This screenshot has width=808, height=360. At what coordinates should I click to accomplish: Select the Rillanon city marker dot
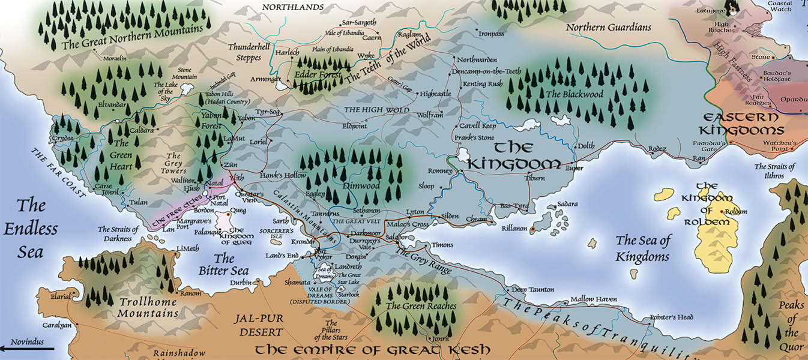(532, 229)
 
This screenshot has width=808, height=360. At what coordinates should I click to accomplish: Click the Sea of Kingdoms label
(642, 248)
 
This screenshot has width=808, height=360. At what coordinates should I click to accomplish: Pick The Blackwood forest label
(574, 94)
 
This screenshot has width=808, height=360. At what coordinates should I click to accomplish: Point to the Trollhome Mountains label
(148, 307)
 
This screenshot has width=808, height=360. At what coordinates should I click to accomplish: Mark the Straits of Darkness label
(118, 234)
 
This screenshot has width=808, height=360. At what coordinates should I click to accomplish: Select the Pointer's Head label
(671, 317)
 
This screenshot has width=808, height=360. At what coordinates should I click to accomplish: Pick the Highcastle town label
(435, 94)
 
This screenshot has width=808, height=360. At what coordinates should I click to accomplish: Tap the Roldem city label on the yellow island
(735, 212)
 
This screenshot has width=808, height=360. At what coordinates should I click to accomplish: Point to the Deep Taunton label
(531, 289)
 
